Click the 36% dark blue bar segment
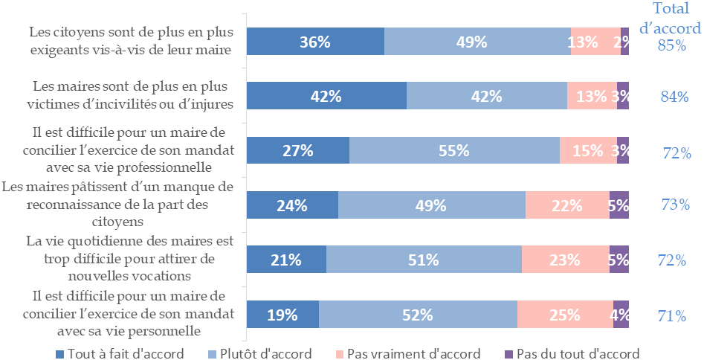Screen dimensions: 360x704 (315, 42)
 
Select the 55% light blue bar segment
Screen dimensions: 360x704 (454, 150)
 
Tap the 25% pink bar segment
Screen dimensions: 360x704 (565, 315)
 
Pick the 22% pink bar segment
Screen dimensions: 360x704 (567, 205)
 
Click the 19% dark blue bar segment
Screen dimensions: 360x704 (282, 315)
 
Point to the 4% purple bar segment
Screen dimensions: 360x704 (621, 315)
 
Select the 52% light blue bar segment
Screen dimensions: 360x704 (418, 315)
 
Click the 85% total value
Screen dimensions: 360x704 (671, 45)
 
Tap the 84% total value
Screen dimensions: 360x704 (674, 96)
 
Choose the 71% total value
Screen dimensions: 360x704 (672, 315)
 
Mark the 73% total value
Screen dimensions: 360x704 (674, 205)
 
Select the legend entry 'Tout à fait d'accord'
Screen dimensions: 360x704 (120, 353)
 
